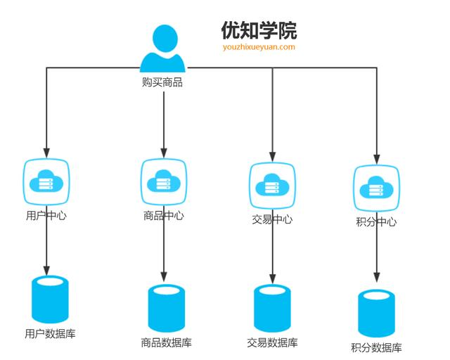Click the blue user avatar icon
pos(164,49)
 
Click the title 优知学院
pos(259,30)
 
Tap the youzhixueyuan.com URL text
pos(259,47)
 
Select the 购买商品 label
pos(162,82)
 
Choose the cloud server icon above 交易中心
pos(272,186)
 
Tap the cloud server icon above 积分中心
pos(376,188)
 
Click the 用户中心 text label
pos(46,216)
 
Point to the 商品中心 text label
pos(164,215)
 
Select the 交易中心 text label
pos(272,219)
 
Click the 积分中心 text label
pos(376,222)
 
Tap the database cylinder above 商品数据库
pos(166,307)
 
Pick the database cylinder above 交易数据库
pos(272,307)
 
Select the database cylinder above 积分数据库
pos(376,313)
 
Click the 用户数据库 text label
pos(50,333)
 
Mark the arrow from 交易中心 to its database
pos(272,253)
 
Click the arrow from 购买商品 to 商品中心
pos(164,123)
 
